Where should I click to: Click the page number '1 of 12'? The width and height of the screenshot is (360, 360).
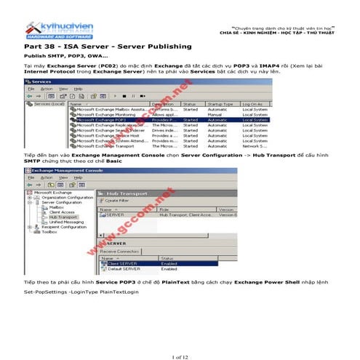tap(180, 337)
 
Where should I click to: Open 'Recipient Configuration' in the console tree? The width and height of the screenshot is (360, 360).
tap(62, 226)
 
